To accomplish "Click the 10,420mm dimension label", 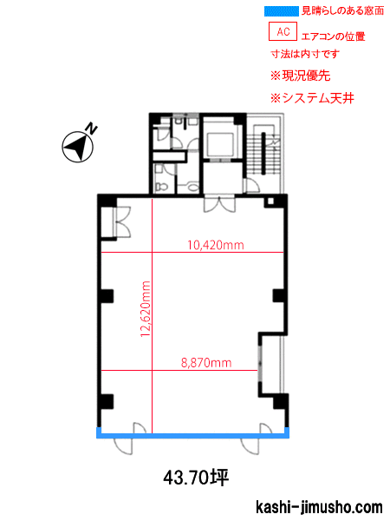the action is pyautogui.click(x=216, y=245).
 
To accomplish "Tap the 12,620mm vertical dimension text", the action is pyautogui.click(x=146, y=309).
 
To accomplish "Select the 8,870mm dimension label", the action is pyautogui.click(x=206, y=362).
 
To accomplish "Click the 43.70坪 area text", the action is pyautogui.click(x=196, y=478).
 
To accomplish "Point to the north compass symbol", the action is pyautogui.click(x=78, y=147).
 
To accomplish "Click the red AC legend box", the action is pyautogui.click(x=283, y=31).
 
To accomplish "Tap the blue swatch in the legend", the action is pyautogui.click(x=282, y=11).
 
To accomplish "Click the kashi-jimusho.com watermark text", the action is pyautogui.click(x=319, y=507).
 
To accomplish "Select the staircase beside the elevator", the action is pyautogui.click(x=264, y=153).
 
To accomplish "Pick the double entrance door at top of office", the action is pyautogui.click(x=219, y=204).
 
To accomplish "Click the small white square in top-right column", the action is pyautogui.click(x=270, y=201).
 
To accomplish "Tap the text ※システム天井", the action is pyautogui.click(x=312, y=98).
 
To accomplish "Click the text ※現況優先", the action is pyautogui.click(x=301, y=76).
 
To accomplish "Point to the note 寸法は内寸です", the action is pyautogui.click(x=305, y=54).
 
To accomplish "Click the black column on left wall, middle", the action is pyautogui.click(x=107, y=296).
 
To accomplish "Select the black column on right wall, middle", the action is pyautogui.click(x=278, y=296).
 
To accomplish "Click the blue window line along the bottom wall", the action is pyautogui.click(x=192, y=435).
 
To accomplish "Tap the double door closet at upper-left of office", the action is pyautogui.click(x=116, y=222).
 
